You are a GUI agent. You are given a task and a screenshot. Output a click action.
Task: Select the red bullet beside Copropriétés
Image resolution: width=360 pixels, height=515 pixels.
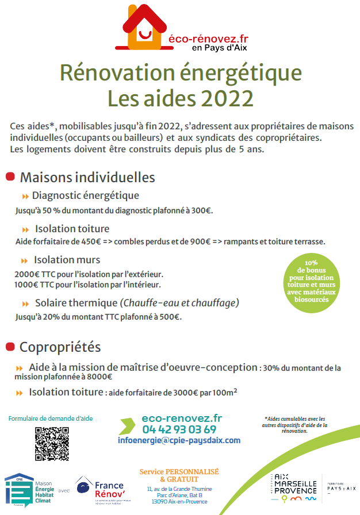pyautogui.click(x=9, y=347)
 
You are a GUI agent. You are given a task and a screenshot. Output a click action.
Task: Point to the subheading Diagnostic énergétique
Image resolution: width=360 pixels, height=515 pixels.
pyautogui.click(x=85, y=195)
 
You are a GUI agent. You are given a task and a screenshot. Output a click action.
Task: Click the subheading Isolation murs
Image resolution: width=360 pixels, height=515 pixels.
pyautogui.click(x=67, y=260)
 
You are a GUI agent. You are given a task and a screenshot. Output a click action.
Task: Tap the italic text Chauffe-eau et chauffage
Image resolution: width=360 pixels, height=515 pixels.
pyautogui.click(x=179, y=302)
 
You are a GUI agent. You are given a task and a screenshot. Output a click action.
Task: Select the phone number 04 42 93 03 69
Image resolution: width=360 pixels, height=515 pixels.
pyautogui.click(x=179, y=429)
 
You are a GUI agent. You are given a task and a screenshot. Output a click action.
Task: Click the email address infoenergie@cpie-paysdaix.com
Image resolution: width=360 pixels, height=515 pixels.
pyautogui.click(x=179, y=440)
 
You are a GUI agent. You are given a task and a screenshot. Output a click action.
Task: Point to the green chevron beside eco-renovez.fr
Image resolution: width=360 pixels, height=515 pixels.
pyautogui.click(x=128, y=426)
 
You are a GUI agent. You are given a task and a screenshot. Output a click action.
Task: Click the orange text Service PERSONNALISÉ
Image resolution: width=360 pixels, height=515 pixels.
pyautogui.click(x=179, y=471)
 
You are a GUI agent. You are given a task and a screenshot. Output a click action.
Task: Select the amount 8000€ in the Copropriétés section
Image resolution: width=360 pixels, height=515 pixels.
pyautogui.click(x=99, y=377)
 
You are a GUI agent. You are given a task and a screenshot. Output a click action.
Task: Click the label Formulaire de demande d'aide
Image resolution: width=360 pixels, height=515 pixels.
pyautogui.click(x=51, y=418)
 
